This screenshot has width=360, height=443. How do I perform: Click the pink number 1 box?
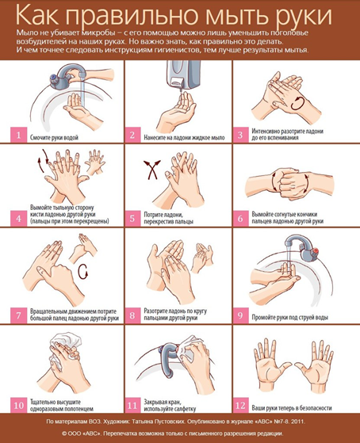pyautogui.click(x=19, y=135)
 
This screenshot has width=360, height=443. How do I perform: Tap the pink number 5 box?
pyautogui.click(x=132, y=218)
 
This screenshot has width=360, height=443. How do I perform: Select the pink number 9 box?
pyautogui.click(x=240, y=315)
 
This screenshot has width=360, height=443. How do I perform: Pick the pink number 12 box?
pyautogui.click(x=240, y=406)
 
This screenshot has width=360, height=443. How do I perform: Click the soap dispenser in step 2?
pyautogui.click(x=184, y=74)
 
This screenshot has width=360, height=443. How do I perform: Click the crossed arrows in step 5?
pyautogui.click(x=152, y=169)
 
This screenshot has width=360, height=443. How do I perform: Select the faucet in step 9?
pyautogui.click(x=302, y=248)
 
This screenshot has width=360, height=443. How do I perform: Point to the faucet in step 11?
pyautogui.click(x=169, y=359)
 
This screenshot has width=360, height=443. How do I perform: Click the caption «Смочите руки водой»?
pyautogui.click(x=54, y=138)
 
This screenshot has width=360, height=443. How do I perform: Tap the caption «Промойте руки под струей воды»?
pyautogui.click(x=290, y=317)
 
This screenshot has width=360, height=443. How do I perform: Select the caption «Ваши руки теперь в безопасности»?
pyautogui.click(x=292, y=408)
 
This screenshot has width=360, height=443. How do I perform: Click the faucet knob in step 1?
pyautogui.click(x=53, y=78)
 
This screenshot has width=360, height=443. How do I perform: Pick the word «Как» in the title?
pyautogui.click(x=37, y=16)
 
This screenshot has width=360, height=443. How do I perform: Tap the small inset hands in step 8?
pyautogui.click(x=202, y=257)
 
